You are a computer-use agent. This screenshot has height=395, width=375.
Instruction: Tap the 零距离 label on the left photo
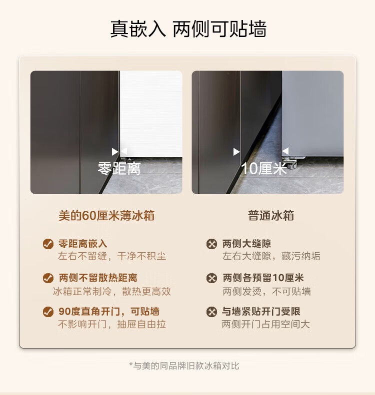tap(119, 168)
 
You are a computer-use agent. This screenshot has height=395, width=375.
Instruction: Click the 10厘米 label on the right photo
tap(264, 168)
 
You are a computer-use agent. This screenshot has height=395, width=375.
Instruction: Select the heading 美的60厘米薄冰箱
tap(106, 216)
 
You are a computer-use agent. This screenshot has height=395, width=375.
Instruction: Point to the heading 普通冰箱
tap(271, 216)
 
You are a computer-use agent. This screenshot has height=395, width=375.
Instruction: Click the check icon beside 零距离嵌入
tap(48, 244)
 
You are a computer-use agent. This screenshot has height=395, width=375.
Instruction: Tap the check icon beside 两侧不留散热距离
tap(48, 278)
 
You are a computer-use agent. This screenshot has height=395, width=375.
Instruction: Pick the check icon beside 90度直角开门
tap(48, 312)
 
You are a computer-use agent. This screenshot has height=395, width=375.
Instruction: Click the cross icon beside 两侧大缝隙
tap(211, 244)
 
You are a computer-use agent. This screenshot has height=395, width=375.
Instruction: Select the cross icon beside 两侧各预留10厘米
tap(211, 278)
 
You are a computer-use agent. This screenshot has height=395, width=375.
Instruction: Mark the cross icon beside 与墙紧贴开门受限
tap(211, 312)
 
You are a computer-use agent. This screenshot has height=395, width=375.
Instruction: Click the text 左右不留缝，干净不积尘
tap(112, 256)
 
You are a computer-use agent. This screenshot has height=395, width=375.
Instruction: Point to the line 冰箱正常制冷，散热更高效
tap(112, 292)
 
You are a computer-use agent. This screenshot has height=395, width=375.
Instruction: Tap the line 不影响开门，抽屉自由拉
tap(112, 324)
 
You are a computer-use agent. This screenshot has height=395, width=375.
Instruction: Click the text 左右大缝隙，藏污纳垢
tap(271, 256)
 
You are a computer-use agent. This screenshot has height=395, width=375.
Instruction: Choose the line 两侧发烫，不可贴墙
tap(266, 292)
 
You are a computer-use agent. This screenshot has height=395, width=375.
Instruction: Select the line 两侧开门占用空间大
tap(266, 324)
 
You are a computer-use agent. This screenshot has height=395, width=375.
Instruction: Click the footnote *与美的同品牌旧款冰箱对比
tap(184, 366)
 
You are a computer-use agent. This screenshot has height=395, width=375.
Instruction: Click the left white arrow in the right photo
tap(236, 152)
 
